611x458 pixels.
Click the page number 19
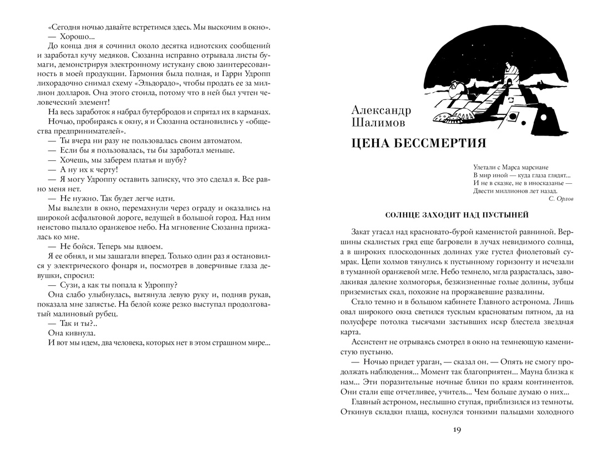pos(457,430)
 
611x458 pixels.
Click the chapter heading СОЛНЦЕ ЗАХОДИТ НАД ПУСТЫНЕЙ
pos(457,215)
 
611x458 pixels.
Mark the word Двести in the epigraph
pos(485,190)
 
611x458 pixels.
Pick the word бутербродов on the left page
pos(168,112)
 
